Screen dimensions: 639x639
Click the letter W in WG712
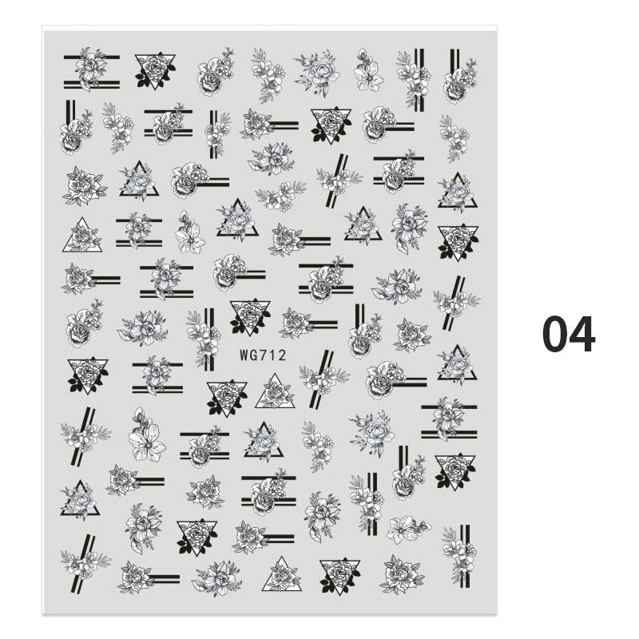(244, 355)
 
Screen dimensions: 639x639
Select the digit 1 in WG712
(272, 355)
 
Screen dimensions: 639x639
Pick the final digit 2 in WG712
(281, 355)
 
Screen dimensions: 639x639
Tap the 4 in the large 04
(582, 334)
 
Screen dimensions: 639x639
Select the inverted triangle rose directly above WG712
(250, 317)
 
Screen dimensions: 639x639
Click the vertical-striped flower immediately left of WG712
(204, 339)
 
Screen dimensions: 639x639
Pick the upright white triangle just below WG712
(275, 392)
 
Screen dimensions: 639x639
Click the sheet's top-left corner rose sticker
(92, 69)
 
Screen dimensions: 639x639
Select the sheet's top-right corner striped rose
(461, 77)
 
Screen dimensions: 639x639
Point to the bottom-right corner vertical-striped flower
(460, 556)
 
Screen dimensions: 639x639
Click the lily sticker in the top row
(368, 70)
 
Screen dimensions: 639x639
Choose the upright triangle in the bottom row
(281, 574)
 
